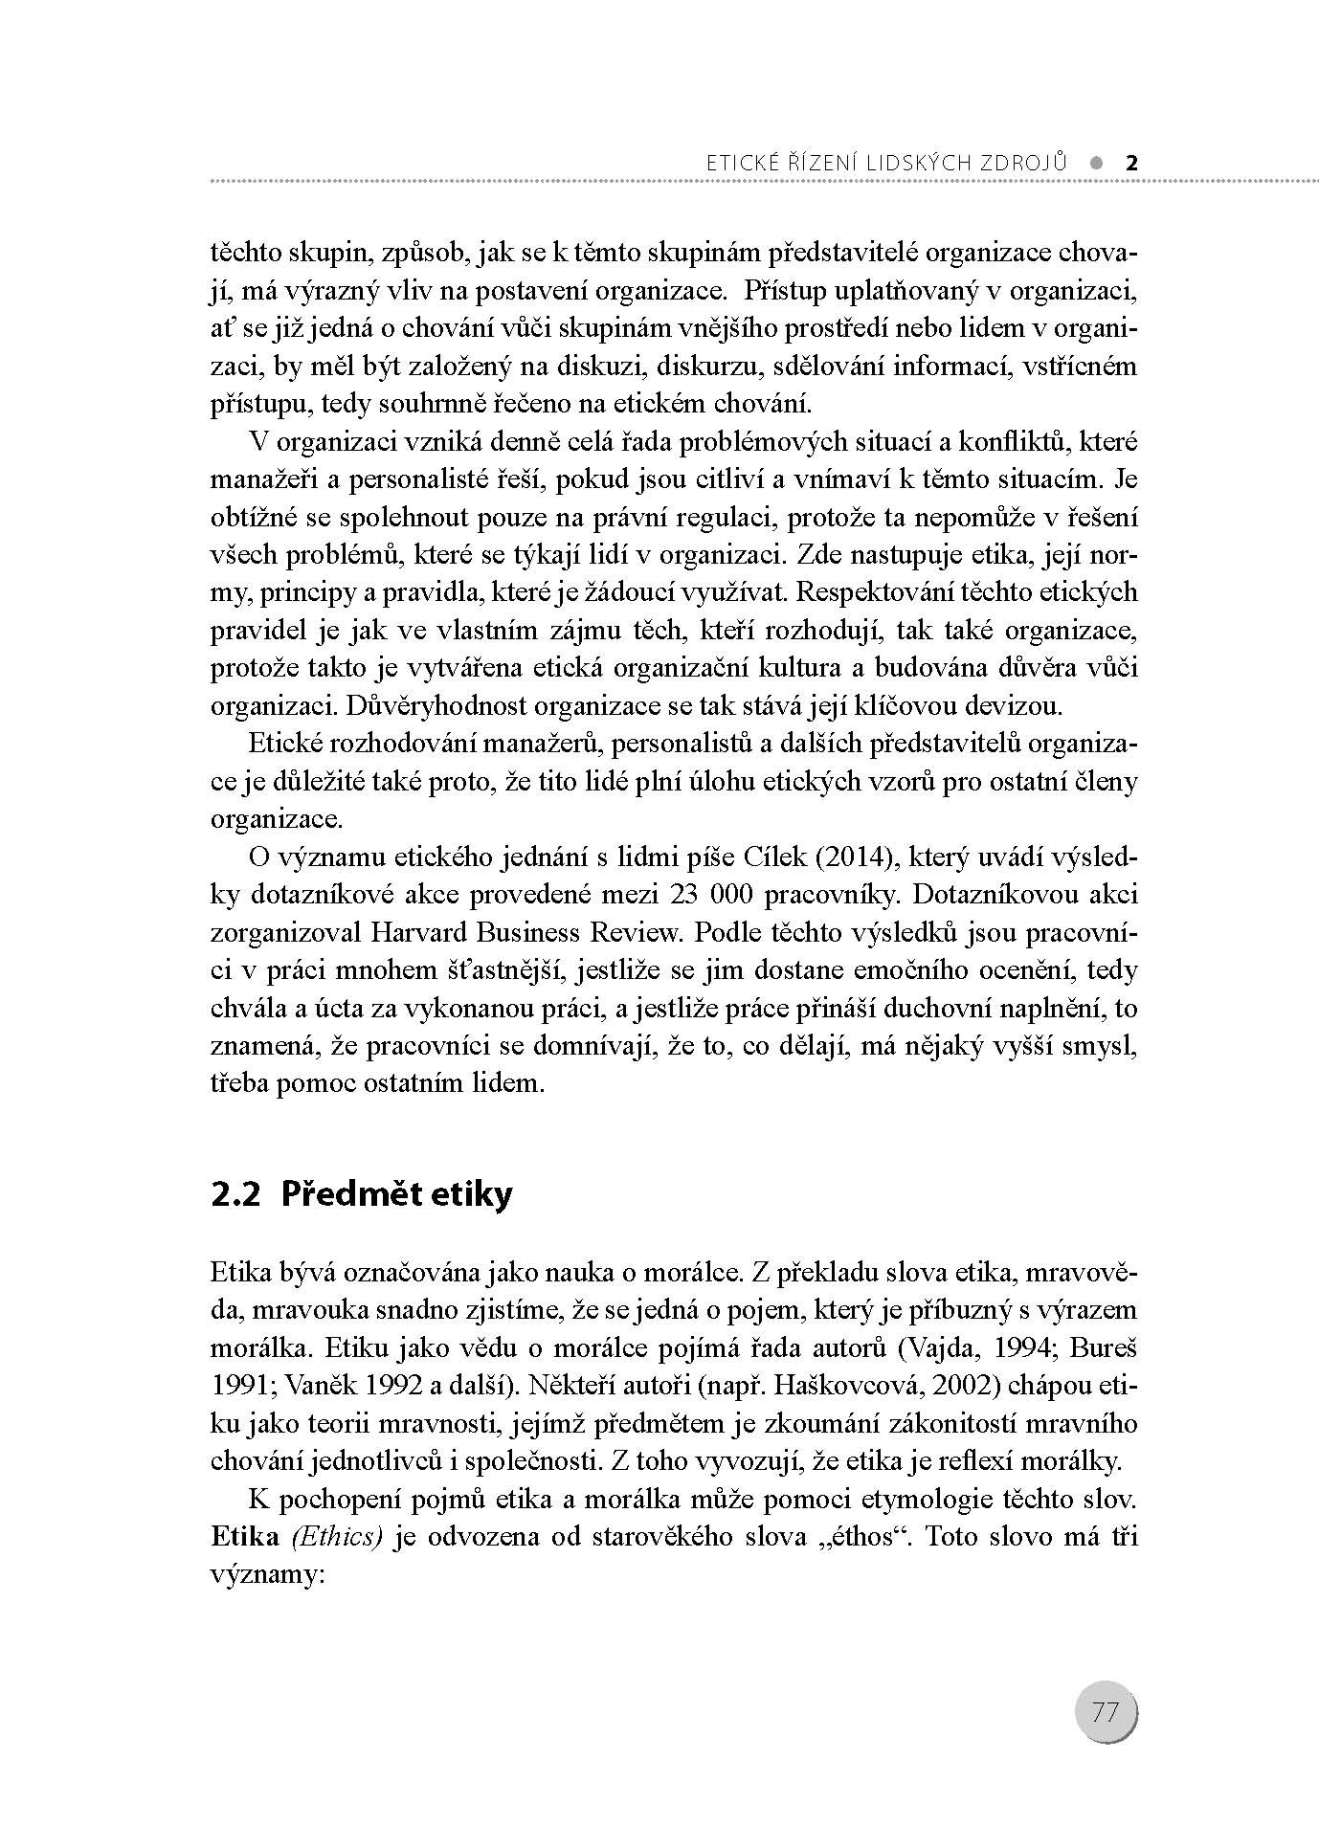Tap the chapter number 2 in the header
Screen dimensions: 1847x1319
click(x=1131, y=162)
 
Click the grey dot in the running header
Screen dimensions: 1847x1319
click(x=1095, y=162)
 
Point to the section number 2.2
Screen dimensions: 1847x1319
click(x=235, y=1194)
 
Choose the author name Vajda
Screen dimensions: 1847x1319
click(x=935, y=1348)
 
